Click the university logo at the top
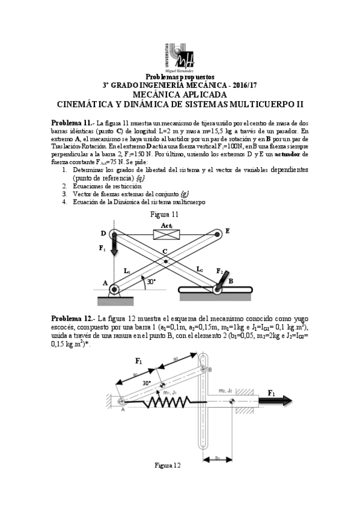pos(180,57)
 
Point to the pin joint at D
pos(112,233)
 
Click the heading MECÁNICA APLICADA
pos(180,94)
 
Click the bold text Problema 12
pos(72,318)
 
